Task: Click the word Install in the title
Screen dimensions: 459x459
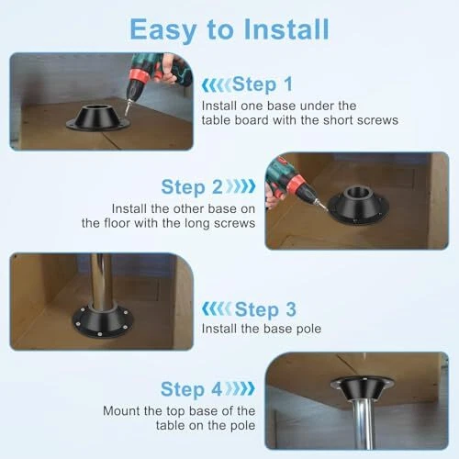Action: pyautogui.click(x=286, y=29)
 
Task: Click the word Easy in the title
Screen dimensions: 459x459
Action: pyautogui.click(x=163, y=31)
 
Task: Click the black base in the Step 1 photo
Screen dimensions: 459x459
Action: pyautogui.click(x=98, y=118)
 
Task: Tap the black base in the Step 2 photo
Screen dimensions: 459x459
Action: pyautogui.click(x=358, y=204)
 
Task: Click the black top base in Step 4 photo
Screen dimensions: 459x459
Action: pyautogui.click(x=362, y=388)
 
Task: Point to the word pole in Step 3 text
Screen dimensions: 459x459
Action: pyautogui.click(x=309, y=330)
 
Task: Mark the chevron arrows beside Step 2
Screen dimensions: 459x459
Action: pyautogui.click(x=241, y=186)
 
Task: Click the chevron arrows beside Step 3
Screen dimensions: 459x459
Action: pyautogui.click(x=217, y=308)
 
